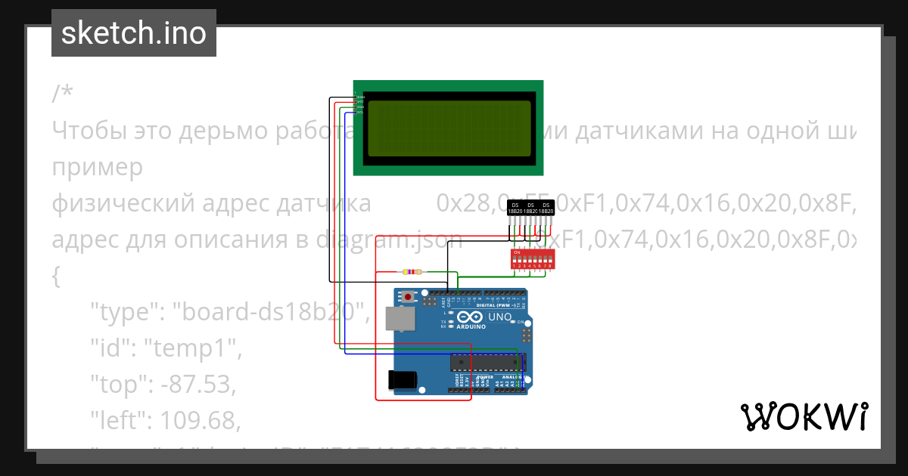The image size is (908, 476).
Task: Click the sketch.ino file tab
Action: pos(133,33)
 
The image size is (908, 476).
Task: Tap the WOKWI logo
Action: pos(804,416)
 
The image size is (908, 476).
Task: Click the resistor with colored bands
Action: pos(412,271)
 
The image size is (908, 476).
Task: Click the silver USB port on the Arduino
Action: pos(400,319)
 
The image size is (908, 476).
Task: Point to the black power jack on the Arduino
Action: pos(401,379)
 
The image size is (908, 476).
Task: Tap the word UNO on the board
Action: pos(500,317)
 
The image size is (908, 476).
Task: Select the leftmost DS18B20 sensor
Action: pos(515,208)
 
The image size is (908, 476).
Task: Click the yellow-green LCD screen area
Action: pos(448,128)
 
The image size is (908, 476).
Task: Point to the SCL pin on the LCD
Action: pos(359,112)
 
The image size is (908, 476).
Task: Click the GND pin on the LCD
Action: pos(360,97)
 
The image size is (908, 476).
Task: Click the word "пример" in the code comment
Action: pos(98,167)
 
